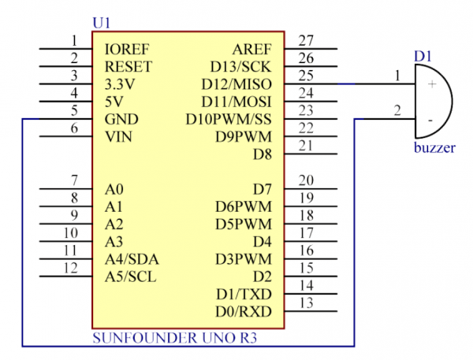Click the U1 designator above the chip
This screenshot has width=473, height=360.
[x=102, y=24]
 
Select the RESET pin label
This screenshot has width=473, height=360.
[x=128, y=66]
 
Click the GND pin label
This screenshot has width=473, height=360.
[x=121, y=120]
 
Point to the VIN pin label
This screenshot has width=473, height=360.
[x=119, y=137]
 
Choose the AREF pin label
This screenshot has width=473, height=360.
[x=252, y=49]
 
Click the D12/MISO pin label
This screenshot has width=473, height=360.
[x=240, y=84]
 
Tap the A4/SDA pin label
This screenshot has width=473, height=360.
[x=130, y=258]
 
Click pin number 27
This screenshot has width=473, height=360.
[x=307, y=40]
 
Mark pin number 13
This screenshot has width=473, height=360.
[x=307, y=303]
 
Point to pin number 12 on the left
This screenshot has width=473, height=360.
[x=70, y=268]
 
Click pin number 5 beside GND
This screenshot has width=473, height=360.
[x=73, y=111]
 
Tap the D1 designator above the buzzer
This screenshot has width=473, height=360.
[x=423, y=56]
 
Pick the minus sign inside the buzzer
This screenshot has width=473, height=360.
[x=430, y=120]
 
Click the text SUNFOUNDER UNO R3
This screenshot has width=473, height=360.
[x=174, y=338]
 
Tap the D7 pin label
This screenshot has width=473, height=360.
[x=262, y=189]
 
